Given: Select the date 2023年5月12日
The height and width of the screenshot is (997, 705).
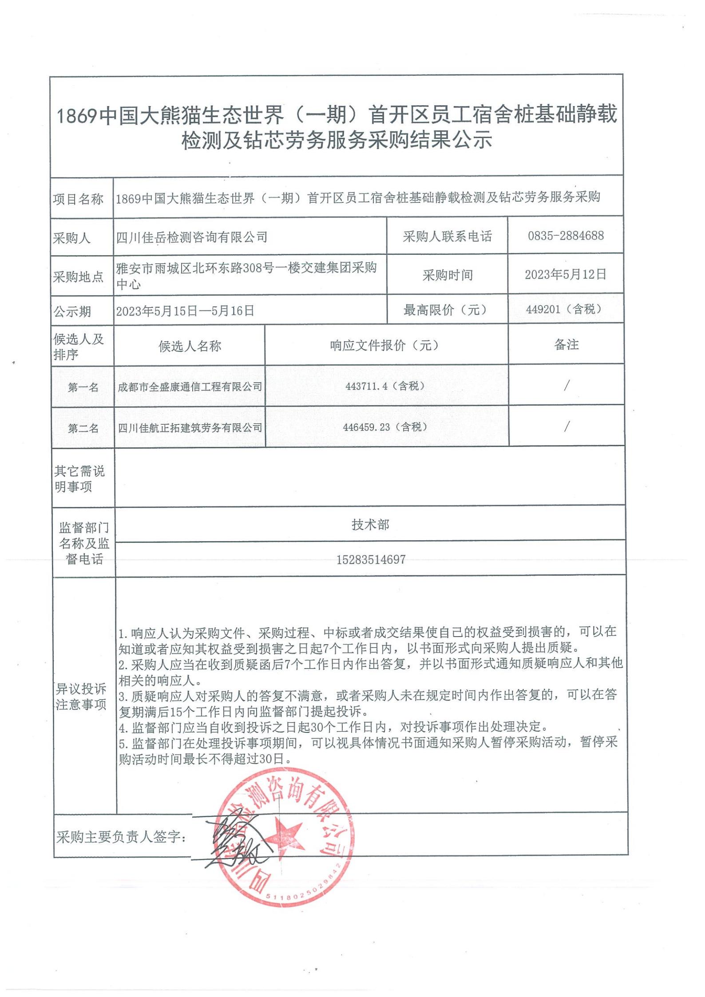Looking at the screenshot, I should click(566, 274).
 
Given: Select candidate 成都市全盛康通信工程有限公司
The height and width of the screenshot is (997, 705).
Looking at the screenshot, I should click(190, 387).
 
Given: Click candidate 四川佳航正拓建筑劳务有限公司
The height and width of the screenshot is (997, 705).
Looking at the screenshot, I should click(190, 427).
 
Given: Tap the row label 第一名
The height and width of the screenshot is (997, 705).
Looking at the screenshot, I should click(83, 388).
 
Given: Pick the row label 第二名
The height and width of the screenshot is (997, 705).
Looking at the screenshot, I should click(83, 428).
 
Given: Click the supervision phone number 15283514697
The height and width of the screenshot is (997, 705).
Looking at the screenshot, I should click(371, 559).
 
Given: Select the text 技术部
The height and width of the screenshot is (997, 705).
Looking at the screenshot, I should click(371, 525).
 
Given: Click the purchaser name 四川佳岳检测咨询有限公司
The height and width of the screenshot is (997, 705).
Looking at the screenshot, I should click(192, 237).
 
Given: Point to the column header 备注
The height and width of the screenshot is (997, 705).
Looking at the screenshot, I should click(566, 344).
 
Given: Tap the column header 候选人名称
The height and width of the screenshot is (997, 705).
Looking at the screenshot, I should click(190, 346).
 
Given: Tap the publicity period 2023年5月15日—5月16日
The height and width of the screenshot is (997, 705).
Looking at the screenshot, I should click(185, 311).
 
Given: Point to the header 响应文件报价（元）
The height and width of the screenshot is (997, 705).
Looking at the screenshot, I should click(385, 345).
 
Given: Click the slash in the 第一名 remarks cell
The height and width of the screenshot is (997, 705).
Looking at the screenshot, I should click(566, 386).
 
